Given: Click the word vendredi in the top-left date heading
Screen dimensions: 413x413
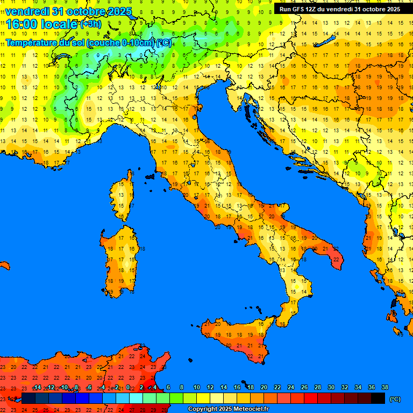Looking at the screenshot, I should point(27,11).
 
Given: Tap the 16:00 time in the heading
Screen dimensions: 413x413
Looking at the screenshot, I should point(21,24).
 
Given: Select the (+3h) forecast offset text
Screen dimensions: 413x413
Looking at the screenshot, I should point(90,24).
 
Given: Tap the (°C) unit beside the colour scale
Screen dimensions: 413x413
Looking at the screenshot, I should point(395,399).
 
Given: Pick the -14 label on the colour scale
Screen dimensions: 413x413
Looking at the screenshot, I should point(37,387).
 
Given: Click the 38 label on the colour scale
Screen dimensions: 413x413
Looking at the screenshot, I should point(385,387).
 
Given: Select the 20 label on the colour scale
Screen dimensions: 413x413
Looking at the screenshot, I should point(264,387).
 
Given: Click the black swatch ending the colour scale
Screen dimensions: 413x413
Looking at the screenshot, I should point(378,398).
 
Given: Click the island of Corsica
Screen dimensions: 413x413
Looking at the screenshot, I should point(123,196).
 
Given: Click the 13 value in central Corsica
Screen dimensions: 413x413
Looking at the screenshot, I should point(122,197).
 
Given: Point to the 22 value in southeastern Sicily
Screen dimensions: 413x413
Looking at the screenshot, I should point(261,356).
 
